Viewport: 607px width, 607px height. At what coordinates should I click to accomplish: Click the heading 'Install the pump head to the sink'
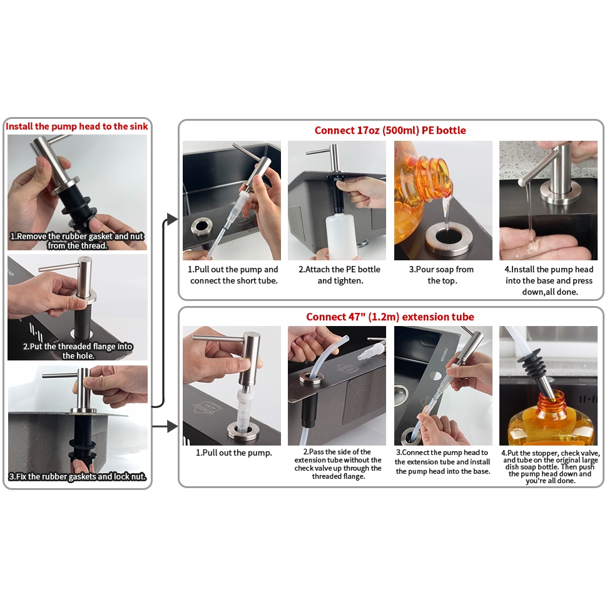[x=76, y=126]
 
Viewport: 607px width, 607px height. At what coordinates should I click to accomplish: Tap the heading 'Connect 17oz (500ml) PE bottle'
[x=390, y=130]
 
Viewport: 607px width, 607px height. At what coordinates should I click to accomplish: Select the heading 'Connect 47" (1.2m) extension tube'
[x=390, y=317]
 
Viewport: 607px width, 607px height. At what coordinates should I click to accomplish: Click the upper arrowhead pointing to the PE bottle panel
[x=173, y=219]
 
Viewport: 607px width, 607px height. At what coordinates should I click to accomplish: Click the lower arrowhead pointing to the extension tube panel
[x=173, y=427]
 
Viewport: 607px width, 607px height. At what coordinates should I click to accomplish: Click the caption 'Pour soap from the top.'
[x=442, y=275]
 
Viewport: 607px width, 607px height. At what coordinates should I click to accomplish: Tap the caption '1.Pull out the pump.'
[x=234, y=452]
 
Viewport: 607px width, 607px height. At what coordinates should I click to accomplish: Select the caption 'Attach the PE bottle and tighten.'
[x=340, y=275]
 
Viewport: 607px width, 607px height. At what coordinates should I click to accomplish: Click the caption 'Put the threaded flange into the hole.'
[x=78, y=351]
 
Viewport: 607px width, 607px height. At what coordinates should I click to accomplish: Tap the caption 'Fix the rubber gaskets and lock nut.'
[x=78, y=477]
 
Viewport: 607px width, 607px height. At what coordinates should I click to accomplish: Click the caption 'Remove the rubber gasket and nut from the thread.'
[x=77, y=241]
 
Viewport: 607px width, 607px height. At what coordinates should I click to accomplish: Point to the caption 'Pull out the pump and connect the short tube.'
[x=233, y=275]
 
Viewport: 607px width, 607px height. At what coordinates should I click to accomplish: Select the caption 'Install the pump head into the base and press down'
[x=549, y=280]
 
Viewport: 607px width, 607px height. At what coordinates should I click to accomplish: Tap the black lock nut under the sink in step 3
[x=82, y=450]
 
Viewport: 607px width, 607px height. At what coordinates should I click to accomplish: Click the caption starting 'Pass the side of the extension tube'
[x=337, y=464]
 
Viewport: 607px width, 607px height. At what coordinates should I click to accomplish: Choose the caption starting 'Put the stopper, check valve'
[x=550, y=466]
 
